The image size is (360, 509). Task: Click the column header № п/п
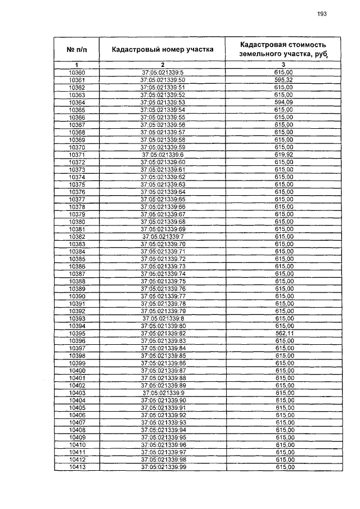point(76,49)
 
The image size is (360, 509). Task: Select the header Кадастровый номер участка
point(163,49)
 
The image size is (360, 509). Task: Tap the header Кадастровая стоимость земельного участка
point(283,49)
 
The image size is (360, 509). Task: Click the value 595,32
point(283,80)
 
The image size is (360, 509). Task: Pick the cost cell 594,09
point(283,102)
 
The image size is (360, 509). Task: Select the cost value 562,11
point(283,334)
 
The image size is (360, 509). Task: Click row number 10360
point(76,73)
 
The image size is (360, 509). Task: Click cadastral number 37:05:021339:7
point(163,237)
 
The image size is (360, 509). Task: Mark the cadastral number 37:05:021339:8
point(163,318)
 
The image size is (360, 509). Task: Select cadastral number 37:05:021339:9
point(163,393)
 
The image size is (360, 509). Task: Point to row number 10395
point(76,334)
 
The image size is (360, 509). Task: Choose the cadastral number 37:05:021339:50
point(163,80)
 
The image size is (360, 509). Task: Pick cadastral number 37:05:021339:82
point(163,334)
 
